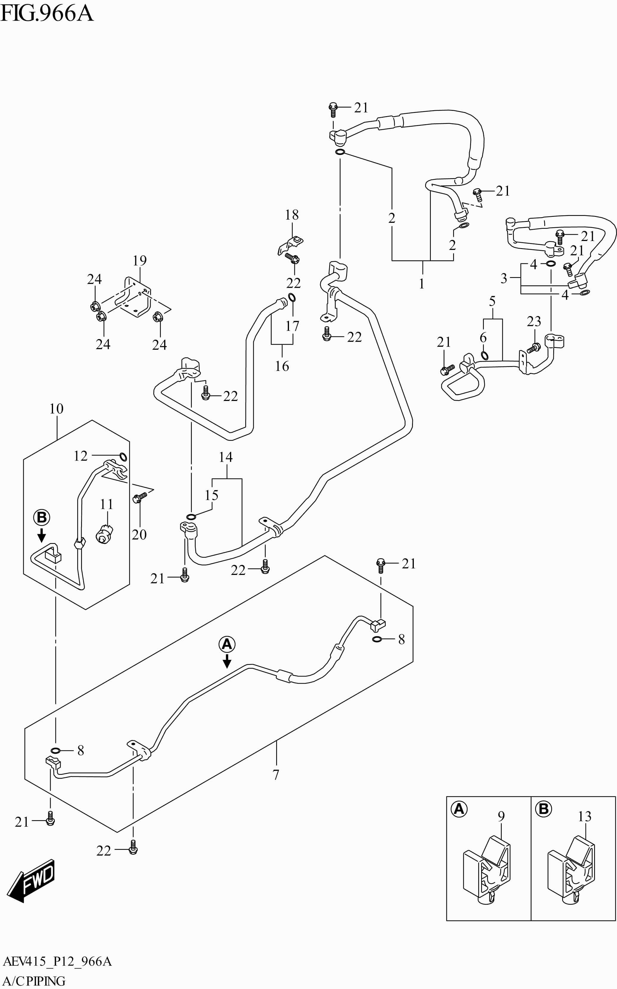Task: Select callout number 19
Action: click(x=139, y=260)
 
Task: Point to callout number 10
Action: click(x=56, y=408)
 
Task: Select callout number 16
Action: click(x=282, y=366)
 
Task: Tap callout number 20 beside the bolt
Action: click(x=139, y=534)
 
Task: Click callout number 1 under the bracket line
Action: click(x=422, y=283)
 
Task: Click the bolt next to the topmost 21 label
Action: click(x=333, y=108)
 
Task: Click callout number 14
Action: click(x=226, y=457)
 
